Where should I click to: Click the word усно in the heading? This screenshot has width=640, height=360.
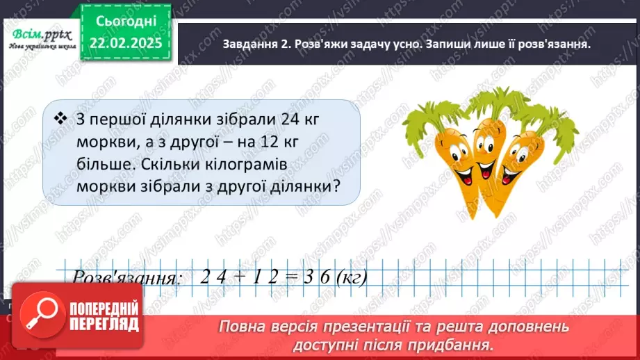(397, 44)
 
